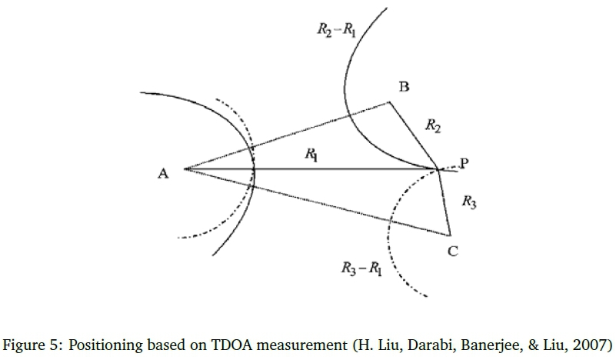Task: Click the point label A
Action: [163, 174]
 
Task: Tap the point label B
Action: [403, 87]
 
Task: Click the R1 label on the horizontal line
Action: [311, 155]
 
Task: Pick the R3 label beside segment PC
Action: [468, 202]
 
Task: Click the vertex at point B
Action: [388, 102]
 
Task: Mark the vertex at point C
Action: [448, 234]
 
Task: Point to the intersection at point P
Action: [439, 169]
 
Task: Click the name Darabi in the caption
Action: [420, 343]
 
